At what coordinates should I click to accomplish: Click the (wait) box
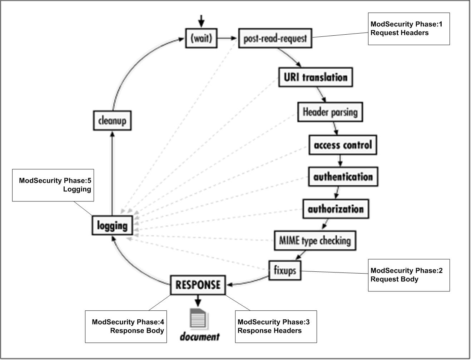click(201, 38)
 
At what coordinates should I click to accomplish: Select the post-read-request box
click(275, 39)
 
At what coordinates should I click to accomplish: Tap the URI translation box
click(316, 77)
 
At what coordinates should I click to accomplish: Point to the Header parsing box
click(330, 112)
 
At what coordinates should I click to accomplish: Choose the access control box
click(343, 145)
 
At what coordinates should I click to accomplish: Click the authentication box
click(343, 177)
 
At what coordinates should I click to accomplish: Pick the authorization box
click(336, 209)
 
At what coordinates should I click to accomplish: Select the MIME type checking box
click(315, 240)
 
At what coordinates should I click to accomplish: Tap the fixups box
click(285, 270)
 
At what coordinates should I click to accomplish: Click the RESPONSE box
click(198, 285)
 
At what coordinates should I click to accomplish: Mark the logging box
click(112, 226)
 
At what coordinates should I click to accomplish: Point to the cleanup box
click(112, 121)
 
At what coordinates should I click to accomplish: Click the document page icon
click(198, 318)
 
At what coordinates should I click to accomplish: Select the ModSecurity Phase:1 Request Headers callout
click(409, 29)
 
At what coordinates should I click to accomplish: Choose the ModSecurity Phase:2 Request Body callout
click(409, 275)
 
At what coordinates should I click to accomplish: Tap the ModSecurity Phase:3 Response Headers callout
click(276, 327)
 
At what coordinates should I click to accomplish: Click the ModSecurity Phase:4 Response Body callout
click(126, 327)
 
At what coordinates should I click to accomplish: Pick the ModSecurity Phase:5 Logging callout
click(53, 185)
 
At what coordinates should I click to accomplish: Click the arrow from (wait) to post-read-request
click(228, 38)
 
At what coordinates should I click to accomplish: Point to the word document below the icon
click(199, 337)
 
